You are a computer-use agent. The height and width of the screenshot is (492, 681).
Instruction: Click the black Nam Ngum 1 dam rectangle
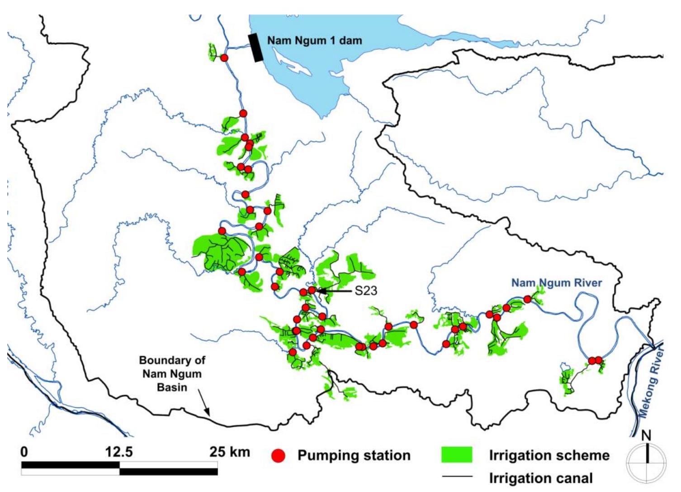[256, 48]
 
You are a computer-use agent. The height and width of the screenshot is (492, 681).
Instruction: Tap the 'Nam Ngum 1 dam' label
[314, 40]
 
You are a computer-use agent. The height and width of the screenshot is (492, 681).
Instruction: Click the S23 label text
[365, 291]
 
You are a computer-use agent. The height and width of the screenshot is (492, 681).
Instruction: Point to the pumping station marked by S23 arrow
[312, 290]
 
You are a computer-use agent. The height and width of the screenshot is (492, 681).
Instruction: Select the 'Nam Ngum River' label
[556, 283]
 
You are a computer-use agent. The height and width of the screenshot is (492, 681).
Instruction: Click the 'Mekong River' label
[652, 380]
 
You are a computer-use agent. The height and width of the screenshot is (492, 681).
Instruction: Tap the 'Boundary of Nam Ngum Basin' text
[172, 373]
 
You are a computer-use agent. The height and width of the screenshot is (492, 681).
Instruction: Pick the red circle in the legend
[279, 456]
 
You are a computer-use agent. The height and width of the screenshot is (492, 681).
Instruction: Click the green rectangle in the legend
[456, 455]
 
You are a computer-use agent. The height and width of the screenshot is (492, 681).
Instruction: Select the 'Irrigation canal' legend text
[540, 478]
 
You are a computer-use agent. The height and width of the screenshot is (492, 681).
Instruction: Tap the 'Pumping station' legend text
[354, 455]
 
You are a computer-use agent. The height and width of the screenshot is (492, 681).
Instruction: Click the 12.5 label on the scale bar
[119, 452]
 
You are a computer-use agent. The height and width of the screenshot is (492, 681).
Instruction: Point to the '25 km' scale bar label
[229, 451]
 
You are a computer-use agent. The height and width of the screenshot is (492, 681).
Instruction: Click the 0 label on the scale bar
[24, 452]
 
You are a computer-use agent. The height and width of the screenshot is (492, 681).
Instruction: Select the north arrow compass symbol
[646, 462]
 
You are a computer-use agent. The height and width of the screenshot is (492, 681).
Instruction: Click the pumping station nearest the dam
[224, 57]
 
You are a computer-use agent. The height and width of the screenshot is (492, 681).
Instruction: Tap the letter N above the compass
[646, 435]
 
